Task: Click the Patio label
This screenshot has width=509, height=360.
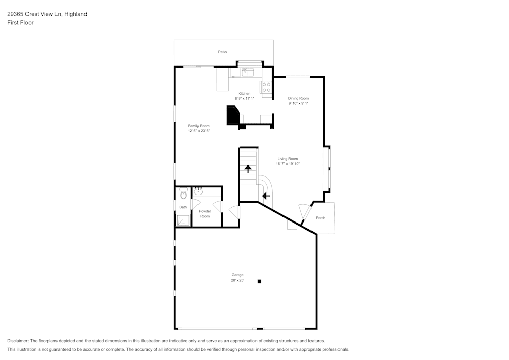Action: (222, 52)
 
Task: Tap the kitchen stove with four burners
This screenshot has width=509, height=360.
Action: (266, 88)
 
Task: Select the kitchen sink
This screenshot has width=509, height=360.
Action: (247, 72)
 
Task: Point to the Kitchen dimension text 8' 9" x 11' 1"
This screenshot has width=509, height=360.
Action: (244, 98)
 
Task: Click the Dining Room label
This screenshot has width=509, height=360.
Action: (298, 98)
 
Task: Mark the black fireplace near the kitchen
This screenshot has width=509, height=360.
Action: (233, 116)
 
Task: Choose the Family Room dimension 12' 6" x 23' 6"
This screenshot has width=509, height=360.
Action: (199, 131)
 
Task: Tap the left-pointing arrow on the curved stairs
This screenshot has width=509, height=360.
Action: (265, 196)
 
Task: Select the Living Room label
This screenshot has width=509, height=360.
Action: (288, 159)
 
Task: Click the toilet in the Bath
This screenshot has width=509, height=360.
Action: (183, 193)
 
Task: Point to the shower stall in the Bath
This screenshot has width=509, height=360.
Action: (183, 220)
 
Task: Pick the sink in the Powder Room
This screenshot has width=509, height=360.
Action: (199, 192)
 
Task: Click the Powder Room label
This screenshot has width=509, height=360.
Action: (205, 214)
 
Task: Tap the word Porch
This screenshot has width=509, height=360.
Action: (320, 218)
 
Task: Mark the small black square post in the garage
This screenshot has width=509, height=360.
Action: (259, 281)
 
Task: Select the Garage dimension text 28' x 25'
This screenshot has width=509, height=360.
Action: (237, 280)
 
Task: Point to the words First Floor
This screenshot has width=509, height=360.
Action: (20, 23)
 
